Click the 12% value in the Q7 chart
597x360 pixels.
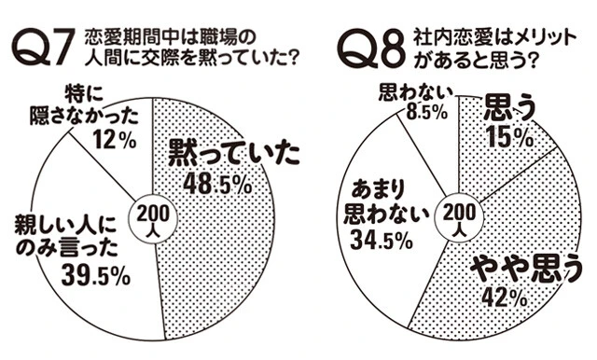pos(116,143)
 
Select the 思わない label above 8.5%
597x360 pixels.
pos(417,94)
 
